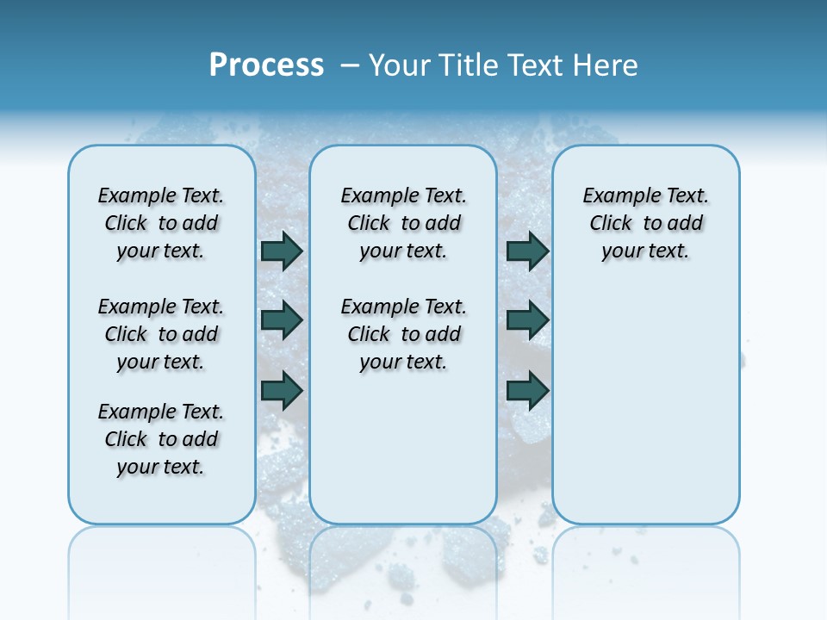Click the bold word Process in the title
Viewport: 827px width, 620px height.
tap(266, 65)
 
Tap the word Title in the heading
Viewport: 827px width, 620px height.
tap(468, 65)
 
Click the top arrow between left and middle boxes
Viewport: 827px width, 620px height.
tap(282, 251)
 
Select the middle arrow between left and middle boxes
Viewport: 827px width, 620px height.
tap(282, 320)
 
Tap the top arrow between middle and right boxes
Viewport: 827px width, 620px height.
tap(528, 251)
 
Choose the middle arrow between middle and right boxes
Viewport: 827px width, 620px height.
tap(528, 320)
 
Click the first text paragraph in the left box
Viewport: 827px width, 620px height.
tap(161, 223)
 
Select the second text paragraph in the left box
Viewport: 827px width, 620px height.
tap(161, 334)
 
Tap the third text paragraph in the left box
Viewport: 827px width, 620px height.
tap(161, 439)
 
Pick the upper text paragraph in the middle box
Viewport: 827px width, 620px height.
tap(403, 223)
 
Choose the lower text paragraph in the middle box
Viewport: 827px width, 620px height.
tap(403, 334)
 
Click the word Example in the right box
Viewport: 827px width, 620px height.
tap(617, 196)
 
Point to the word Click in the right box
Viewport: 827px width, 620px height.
tap(611, 224)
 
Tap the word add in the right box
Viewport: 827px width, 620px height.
tap(686, 224)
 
